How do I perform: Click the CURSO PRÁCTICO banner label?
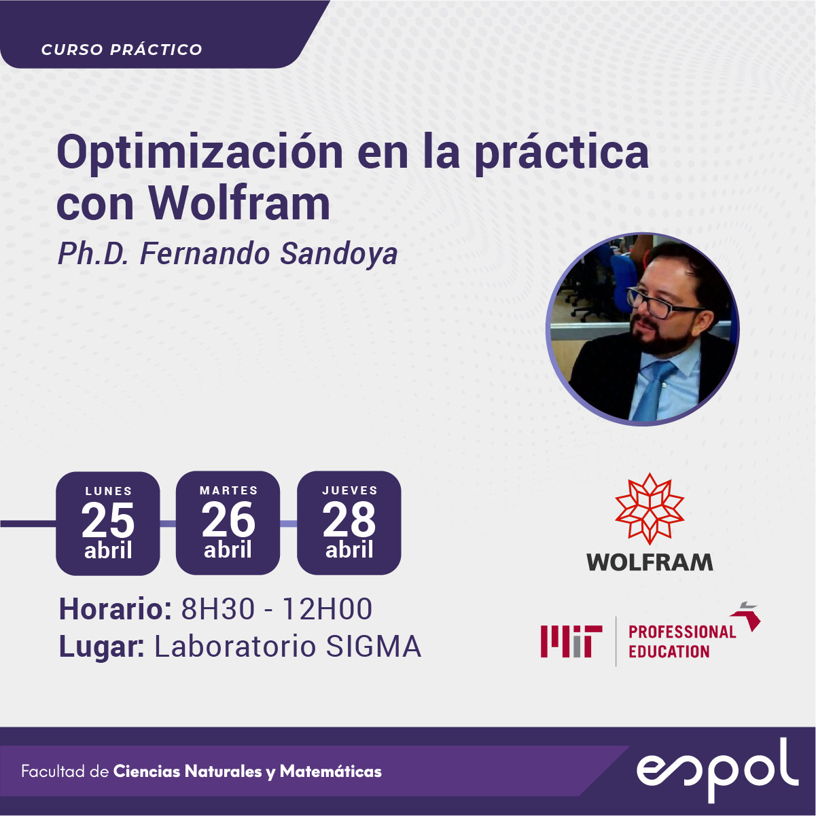[122, 50]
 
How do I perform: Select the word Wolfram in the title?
[239, 203]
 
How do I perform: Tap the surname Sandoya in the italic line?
[338, 254]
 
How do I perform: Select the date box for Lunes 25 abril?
[108, 524]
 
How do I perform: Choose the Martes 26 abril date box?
[228, 523]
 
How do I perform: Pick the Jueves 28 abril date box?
[349, 523]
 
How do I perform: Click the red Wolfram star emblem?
[650, 509]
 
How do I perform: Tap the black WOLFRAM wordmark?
[650, 562]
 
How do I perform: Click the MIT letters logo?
[571, 642]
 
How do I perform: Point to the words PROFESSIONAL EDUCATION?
[682, 642]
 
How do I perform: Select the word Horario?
[116, 609]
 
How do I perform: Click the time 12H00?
[327, 609]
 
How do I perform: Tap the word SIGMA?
[374, 646]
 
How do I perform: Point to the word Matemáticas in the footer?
[331, 771]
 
